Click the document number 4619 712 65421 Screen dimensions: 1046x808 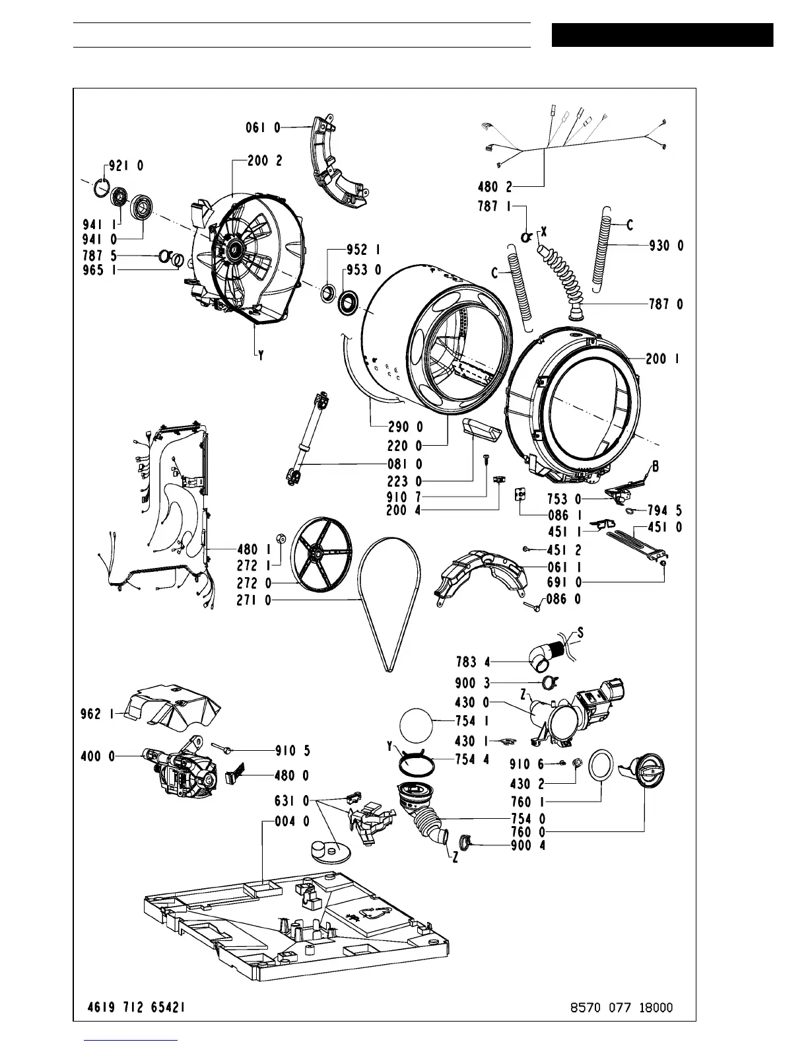136,1007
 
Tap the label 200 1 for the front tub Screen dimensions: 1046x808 663,359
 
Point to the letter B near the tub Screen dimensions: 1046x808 656,467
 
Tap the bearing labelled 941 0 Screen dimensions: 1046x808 142,207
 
